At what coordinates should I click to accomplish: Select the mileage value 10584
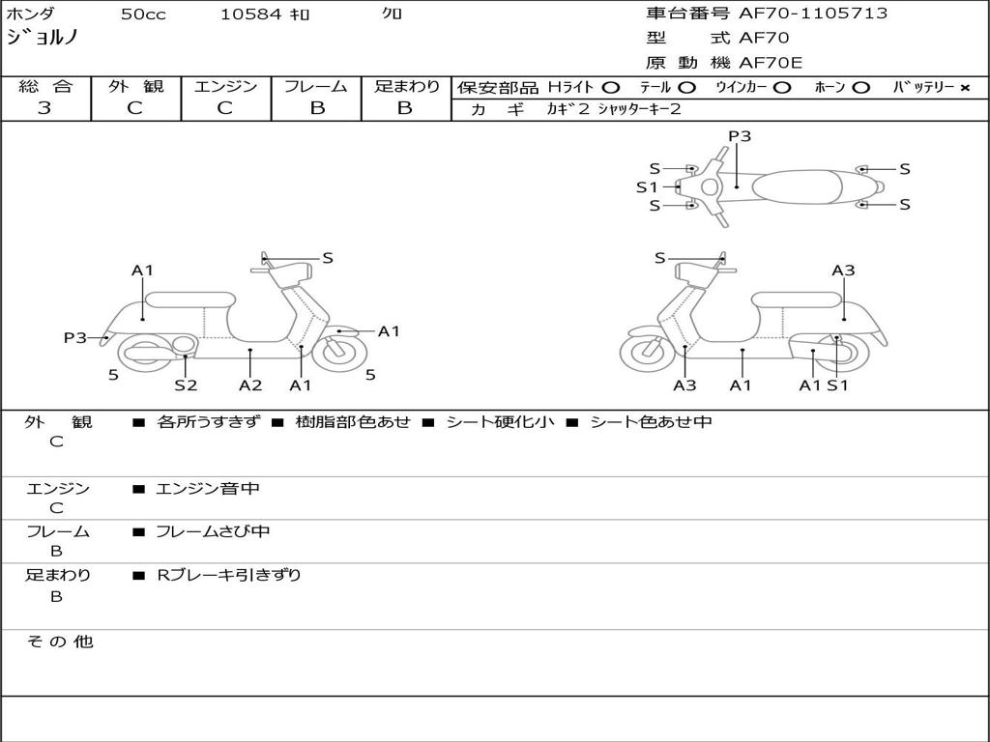pyautogui.click(x=250, y=14)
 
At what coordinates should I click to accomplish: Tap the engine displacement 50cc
pyautogui.click(x=141, y=14)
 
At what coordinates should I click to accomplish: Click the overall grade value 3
pyautogui.click(x=44, y=108)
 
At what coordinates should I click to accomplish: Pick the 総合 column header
pyautogui.click(x=45, y=86)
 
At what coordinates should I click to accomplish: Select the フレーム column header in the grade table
pyautogui.click(x=316, y=86)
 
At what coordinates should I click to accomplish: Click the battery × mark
pyautogui.click(x=964, y=87)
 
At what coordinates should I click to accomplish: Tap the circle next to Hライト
pyautogui.click(x=610, y=87)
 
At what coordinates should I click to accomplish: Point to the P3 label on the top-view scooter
pyautogui.click(x=740, y=136)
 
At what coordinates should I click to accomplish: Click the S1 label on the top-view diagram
pyautogui.click(x=647, y=187)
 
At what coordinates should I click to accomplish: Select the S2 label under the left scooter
pyautogui.click(x=186, y=385)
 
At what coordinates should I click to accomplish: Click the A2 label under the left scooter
pyautogui.click(x=250, y=385)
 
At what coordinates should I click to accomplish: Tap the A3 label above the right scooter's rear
pyautogui.click(x=843, y=271)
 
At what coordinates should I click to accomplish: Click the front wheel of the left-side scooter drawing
pyautogui.click(x=338, y=352)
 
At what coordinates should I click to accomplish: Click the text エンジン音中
pyautogui.click(x=208, y=489)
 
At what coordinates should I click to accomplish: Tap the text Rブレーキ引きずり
pyautogui.click(x=229, y=575)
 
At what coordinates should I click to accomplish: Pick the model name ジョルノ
pyautogui.click(x=43, y=39)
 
